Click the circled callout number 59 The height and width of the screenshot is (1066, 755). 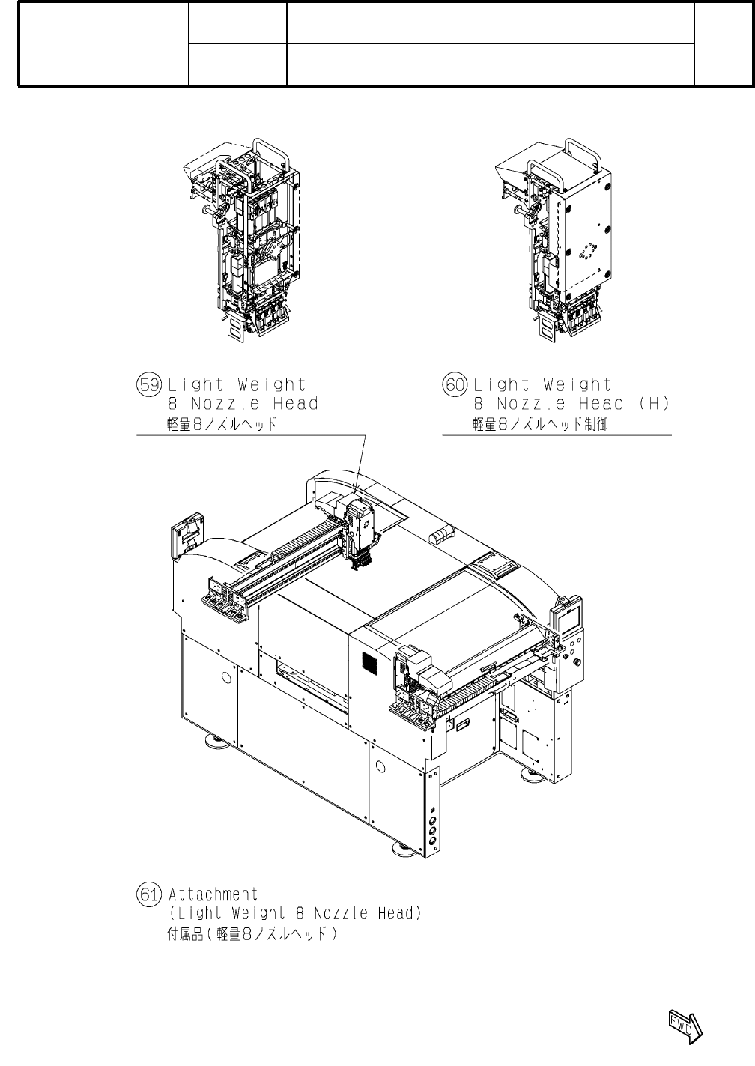[x=147, y=385]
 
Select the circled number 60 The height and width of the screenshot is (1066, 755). [x=455, y=385]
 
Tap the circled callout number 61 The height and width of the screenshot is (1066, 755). [x=147, y=894]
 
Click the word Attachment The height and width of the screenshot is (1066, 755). [x=213, y=894]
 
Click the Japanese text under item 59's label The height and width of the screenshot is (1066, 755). [x=222, y=425]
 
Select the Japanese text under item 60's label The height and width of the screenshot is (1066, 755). [x=535, y=425]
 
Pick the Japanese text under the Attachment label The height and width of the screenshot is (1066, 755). [x=252, y=934]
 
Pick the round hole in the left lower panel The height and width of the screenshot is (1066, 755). [x=225, y=677]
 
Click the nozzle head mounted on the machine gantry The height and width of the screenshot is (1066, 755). [x=358, y=532]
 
